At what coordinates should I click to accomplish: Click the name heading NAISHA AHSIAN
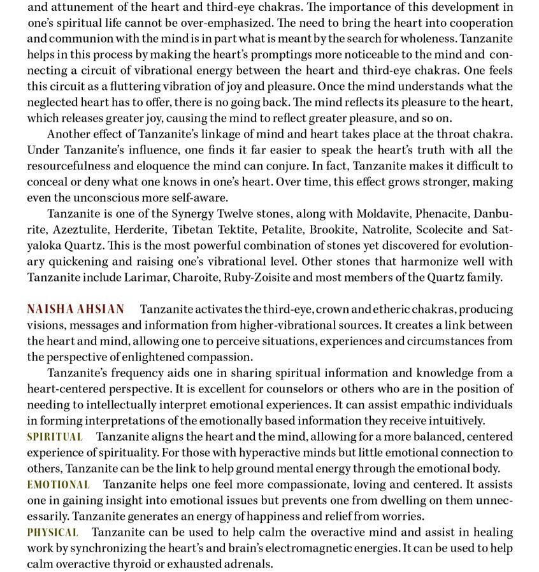[75, 310]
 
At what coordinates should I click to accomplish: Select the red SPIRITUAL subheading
[55, 437]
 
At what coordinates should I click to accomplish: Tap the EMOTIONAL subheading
[58, 485]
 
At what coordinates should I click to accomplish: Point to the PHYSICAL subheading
[52, 533]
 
